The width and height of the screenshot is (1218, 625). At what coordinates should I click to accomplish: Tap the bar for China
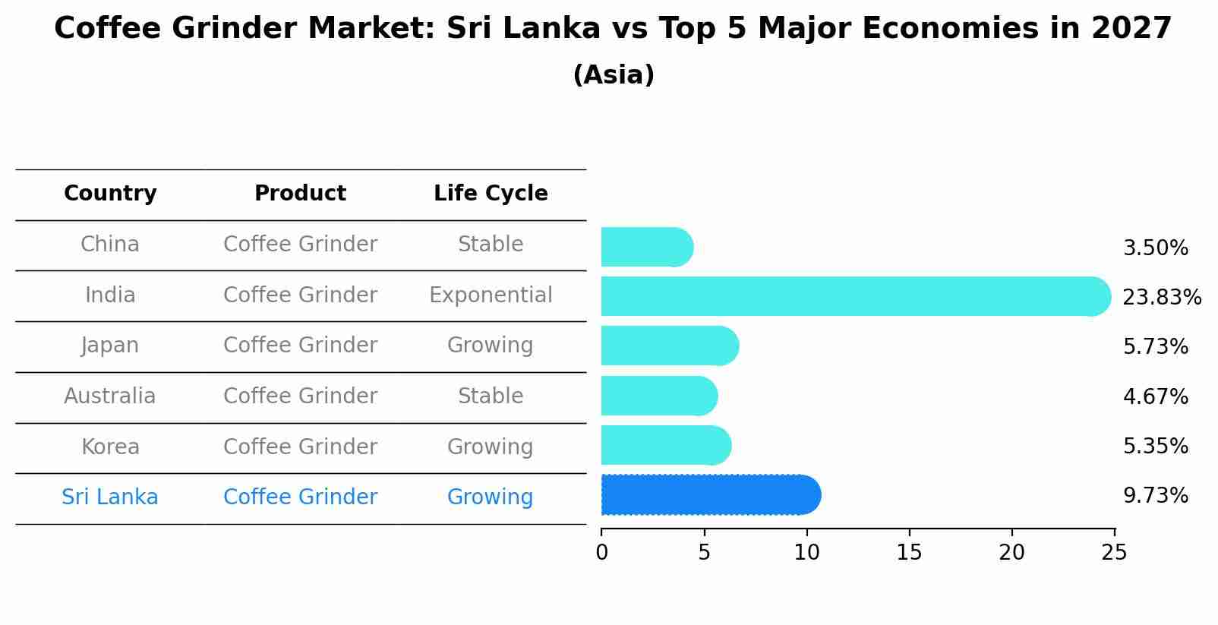[646, 247]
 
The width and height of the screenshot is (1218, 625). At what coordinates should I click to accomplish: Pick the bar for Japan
[669, 346]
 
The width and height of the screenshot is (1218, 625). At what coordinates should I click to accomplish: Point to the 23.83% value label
[1161, 297]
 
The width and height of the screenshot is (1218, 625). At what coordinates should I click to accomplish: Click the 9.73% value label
[1155, 496]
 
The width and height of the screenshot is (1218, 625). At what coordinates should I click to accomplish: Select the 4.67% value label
[1155, 396]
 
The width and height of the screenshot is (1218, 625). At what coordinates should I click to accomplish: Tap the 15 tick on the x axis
[909, 553]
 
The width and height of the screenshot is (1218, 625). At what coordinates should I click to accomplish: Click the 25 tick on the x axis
[1114, 553]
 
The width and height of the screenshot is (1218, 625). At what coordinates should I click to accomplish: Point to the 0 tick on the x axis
[601, 553]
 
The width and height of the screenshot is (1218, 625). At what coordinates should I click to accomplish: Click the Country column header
[110, 194]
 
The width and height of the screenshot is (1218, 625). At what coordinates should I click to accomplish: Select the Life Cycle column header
[491, 194]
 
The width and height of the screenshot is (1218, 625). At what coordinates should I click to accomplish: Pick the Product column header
[300, 194]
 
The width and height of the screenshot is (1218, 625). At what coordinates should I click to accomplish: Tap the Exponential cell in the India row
[491, 295]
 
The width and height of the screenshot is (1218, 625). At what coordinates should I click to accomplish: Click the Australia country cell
[110, 396]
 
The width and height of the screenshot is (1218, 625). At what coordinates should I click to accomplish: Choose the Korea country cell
[110, 447]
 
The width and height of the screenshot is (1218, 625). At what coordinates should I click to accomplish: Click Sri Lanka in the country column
[110, 497]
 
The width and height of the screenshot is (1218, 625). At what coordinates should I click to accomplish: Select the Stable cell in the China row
[491, 245]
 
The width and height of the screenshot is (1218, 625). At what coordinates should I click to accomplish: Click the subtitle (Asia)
[614, 75]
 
